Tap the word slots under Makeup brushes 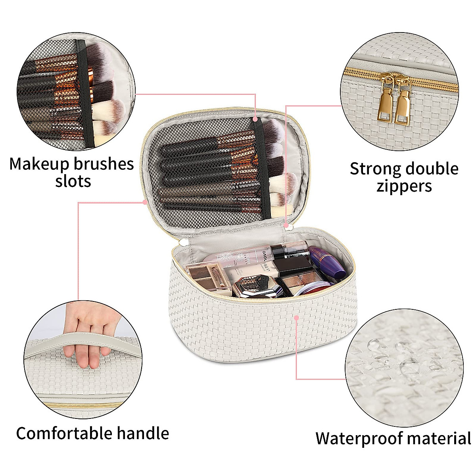[x=73, y=181]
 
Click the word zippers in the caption [x=404, y=186]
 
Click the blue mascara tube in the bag [x=328, y=262]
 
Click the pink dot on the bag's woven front [x=297, y=317]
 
